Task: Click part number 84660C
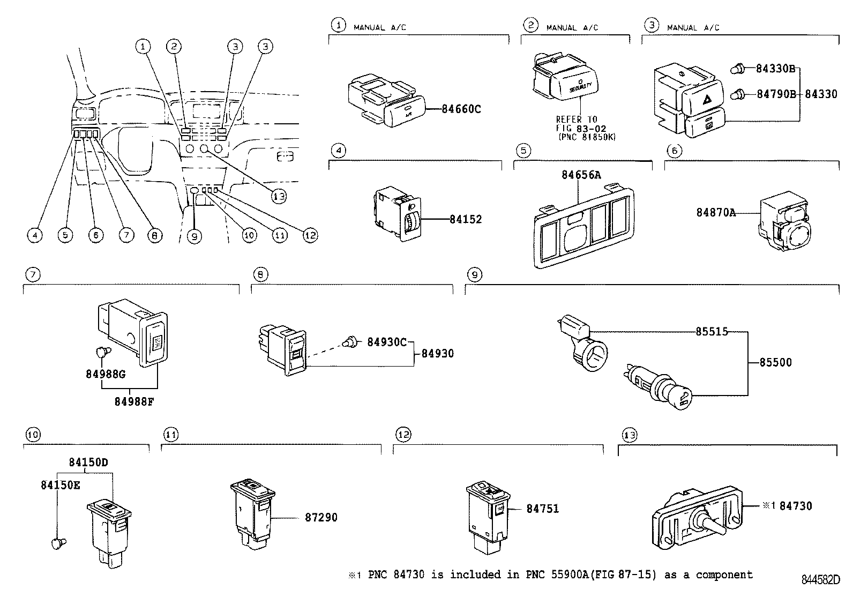click(461, 109)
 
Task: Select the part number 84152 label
click(465, 219)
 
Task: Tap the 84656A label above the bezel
click(581, 175)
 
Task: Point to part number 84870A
click(715, 213)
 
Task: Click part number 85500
click(775, 362)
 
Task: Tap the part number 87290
click(321, 518)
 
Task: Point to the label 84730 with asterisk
click(788, 506)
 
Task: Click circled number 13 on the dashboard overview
click(279, 197)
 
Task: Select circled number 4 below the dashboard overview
click(35, 235)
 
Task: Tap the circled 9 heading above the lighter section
click(475, 275)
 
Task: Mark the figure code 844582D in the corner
click(820, 580)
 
